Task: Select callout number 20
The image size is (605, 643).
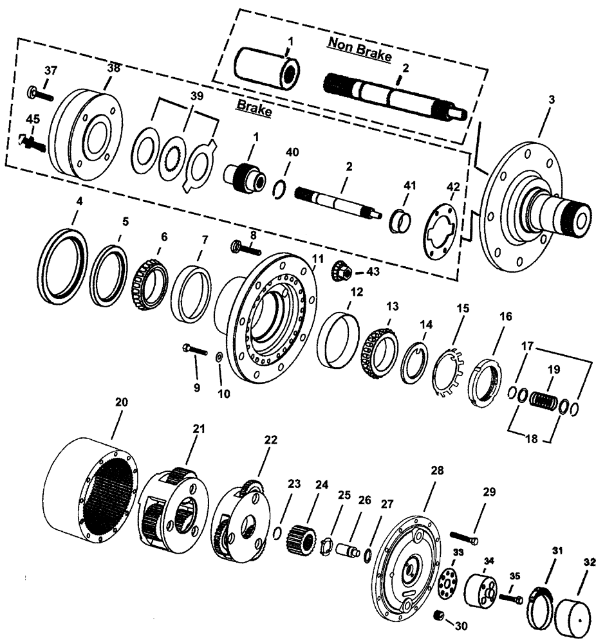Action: [x=121, y=403]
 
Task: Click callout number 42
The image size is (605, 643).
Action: [x=453, y=187]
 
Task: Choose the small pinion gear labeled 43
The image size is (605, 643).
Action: [x=340, y=270]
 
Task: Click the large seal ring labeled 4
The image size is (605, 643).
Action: [x=64, y=260]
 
